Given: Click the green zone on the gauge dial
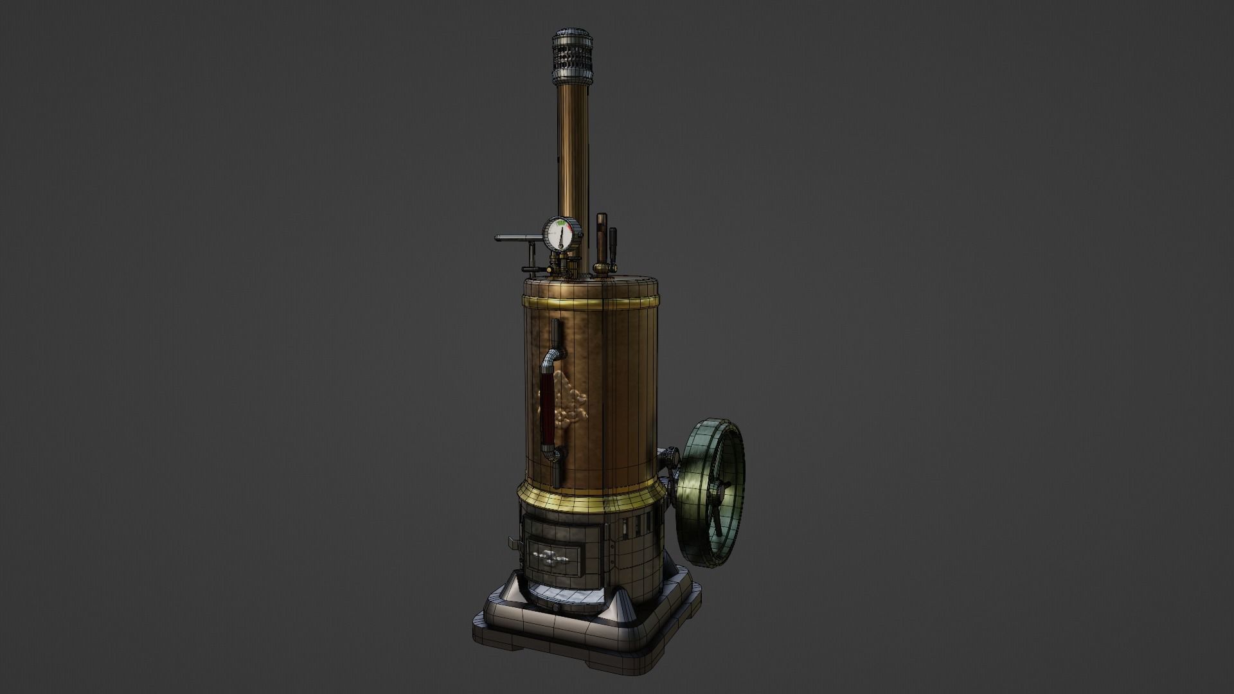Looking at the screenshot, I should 562,224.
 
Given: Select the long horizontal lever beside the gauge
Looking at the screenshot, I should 517,238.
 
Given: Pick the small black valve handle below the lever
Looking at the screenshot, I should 530,269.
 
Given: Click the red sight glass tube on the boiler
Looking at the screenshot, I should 548,411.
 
